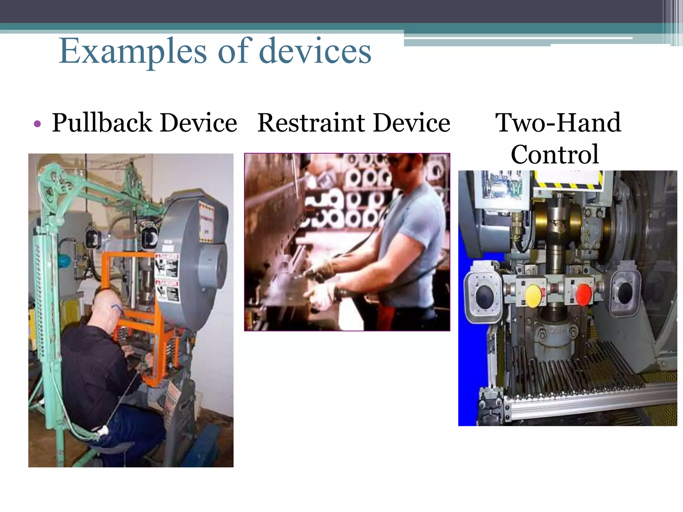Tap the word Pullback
(102, 123)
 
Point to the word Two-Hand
(558, 123)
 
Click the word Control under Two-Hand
(555, 154)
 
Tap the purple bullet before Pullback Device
(37, 124)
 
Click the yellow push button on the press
(533, 295)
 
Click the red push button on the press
(583, 294)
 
